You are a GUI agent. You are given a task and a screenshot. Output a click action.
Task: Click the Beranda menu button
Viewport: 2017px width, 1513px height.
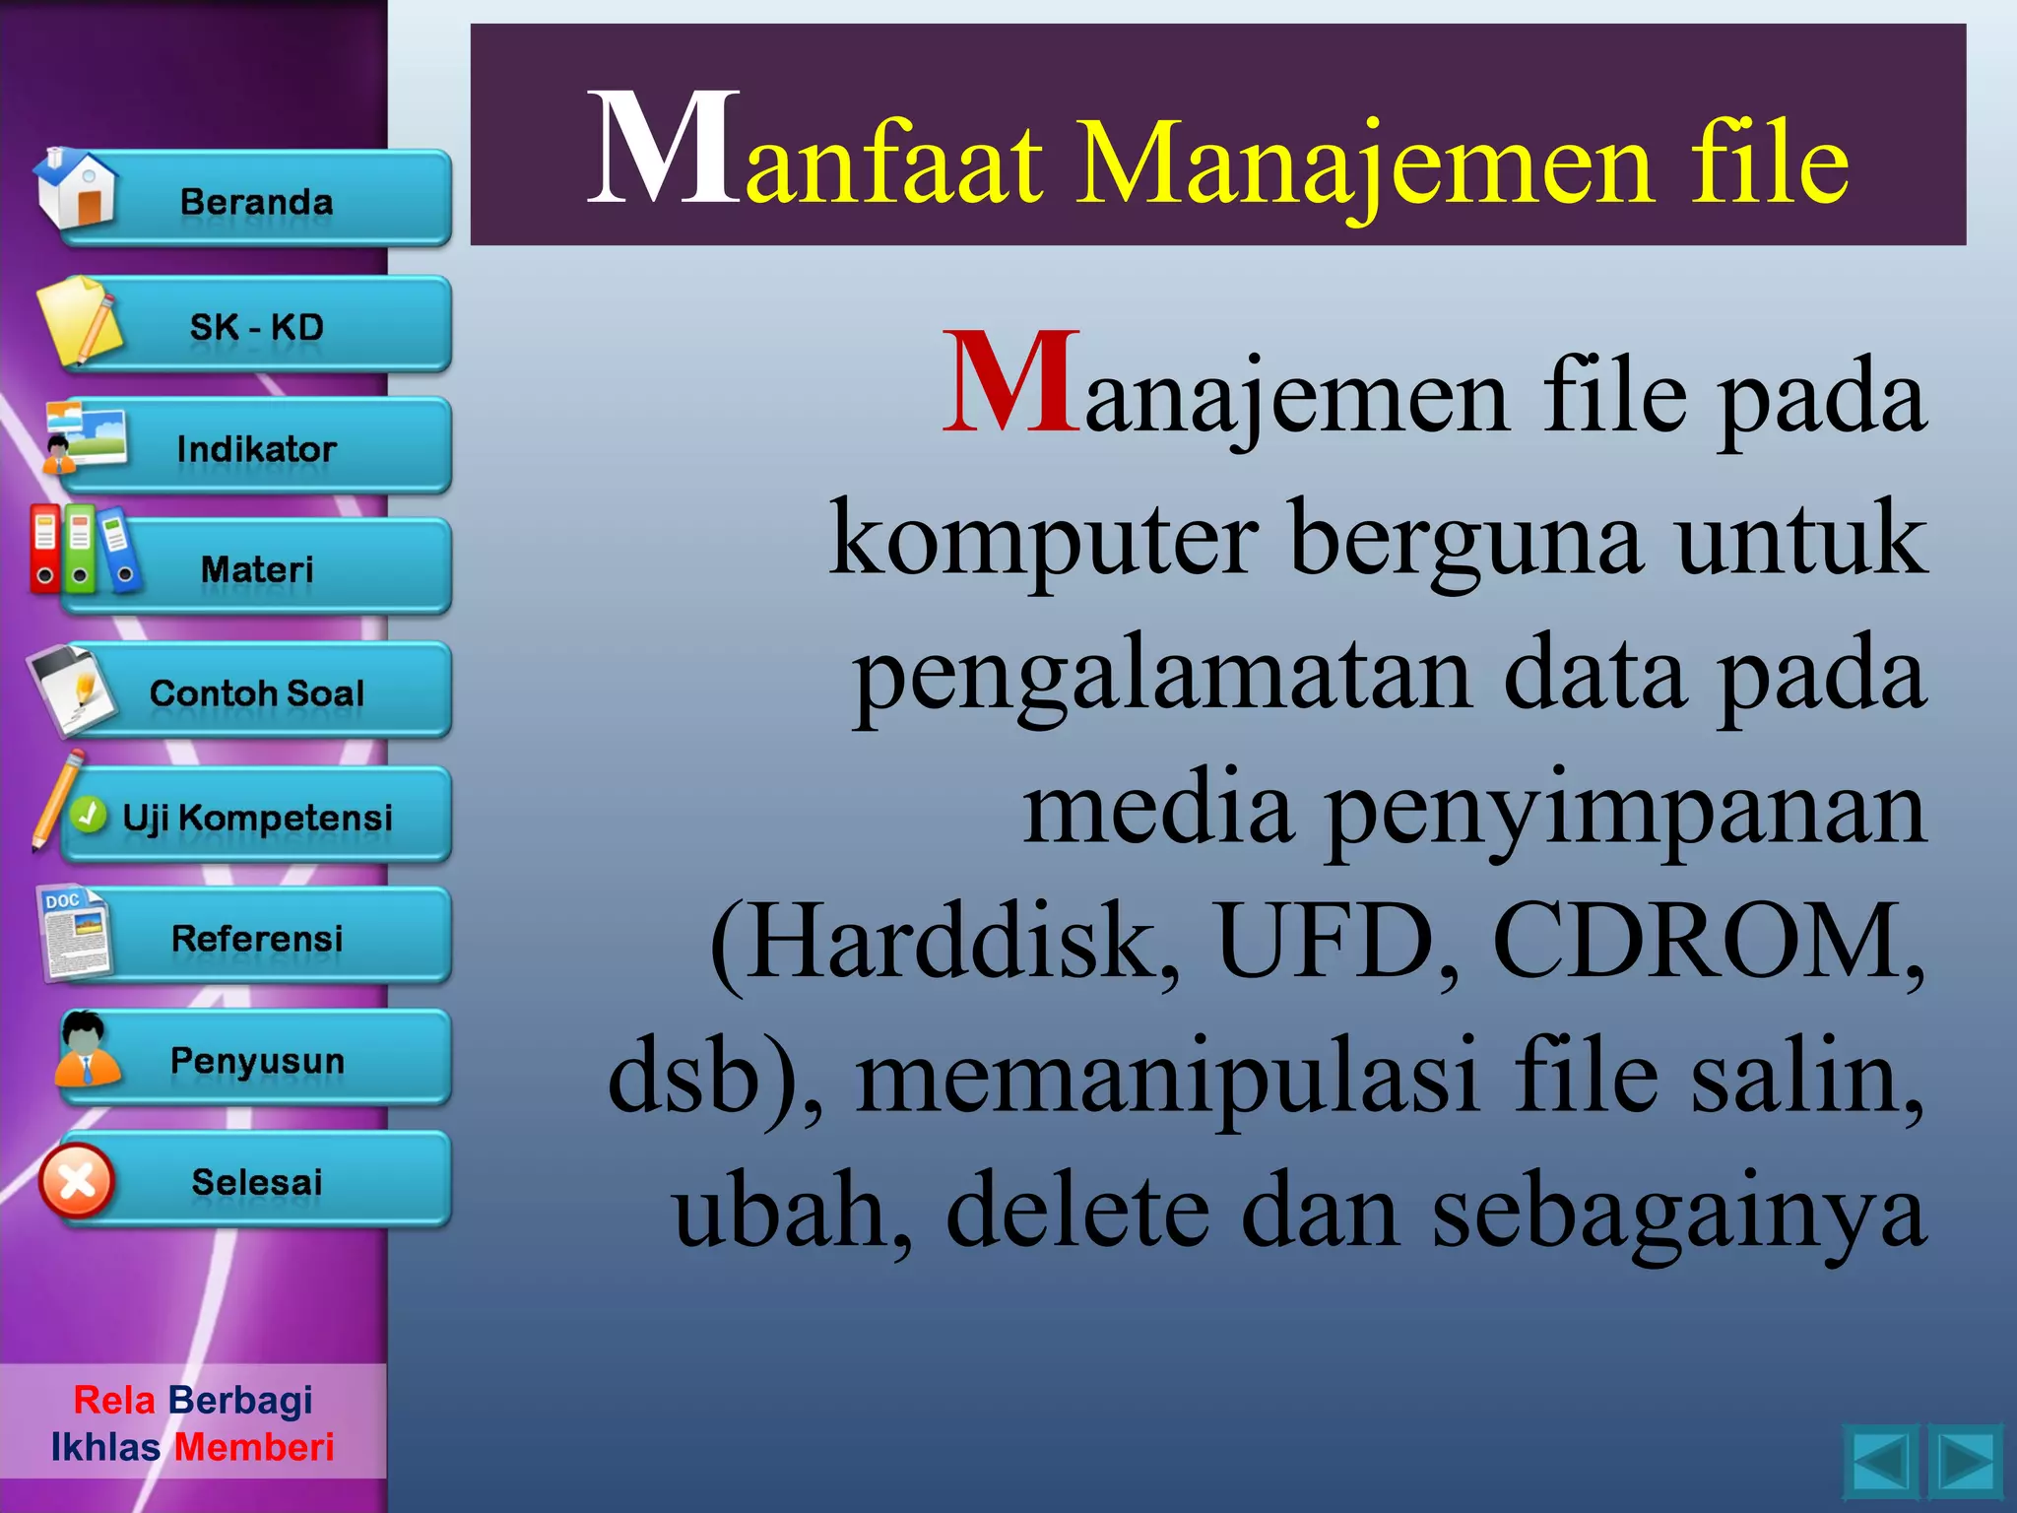point(257,200)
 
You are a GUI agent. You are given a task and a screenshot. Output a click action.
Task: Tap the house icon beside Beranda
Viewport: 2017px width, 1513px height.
point(76,189)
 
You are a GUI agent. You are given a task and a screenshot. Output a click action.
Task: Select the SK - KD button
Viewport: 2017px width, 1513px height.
point(257,326)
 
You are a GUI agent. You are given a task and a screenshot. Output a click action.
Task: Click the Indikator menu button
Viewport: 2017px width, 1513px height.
point(257,448)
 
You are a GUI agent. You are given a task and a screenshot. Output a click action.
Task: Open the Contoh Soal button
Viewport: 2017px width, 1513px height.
point(257,691)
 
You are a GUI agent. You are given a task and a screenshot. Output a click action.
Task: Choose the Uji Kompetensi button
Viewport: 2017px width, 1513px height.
point(257,817)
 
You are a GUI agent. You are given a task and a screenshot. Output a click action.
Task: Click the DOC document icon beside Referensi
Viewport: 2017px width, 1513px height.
point(75,932)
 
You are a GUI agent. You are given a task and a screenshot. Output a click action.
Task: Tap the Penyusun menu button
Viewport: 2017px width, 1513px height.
point(257,1060)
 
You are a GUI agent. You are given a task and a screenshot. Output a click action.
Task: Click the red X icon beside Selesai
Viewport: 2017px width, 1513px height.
point(77,1180)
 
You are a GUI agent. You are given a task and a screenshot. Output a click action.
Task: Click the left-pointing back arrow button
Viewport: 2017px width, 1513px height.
point(1879,1462)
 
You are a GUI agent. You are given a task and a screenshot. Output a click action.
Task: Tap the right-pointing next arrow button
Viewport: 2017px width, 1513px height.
point(1965,1462)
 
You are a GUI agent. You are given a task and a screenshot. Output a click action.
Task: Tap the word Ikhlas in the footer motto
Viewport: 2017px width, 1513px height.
point(105,1447)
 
